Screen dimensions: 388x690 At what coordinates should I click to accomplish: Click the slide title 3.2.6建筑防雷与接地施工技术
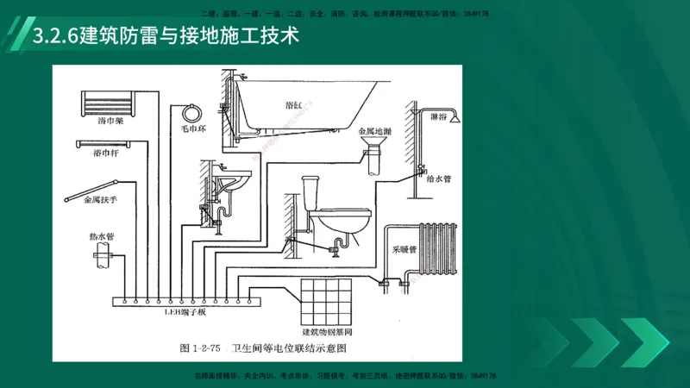point(164,37)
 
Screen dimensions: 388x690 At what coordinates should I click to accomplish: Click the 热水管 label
point(102,235)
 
